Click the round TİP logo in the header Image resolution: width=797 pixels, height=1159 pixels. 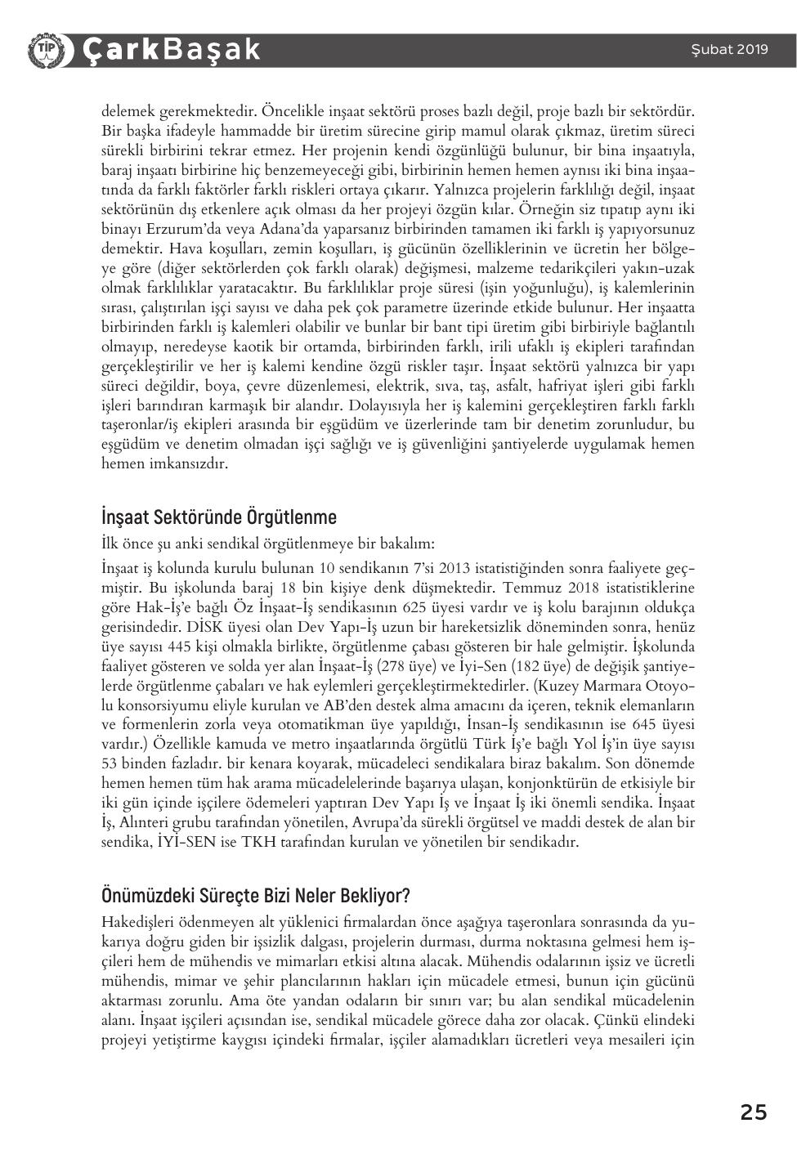pyautogui.click(x=43, y=50)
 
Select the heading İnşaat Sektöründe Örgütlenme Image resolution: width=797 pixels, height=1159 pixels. pyautogui.click(x=218, y=517)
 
